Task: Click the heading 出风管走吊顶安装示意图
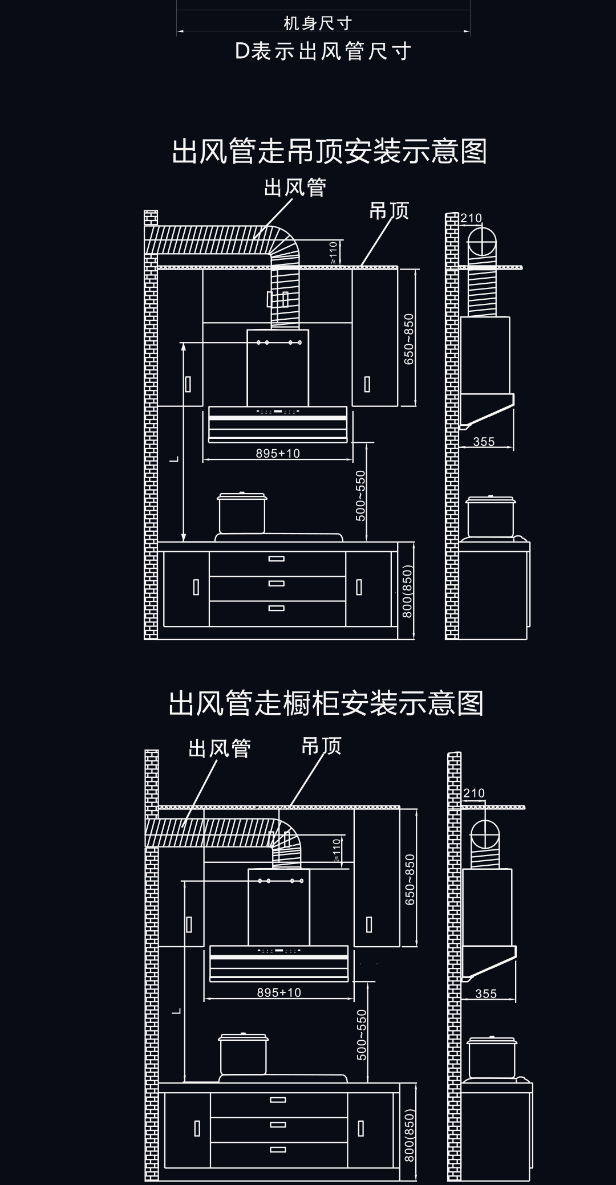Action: click(x=329, y=152)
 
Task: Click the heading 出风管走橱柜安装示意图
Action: click(x=326, y=703)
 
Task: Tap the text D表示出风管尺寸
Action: click(x=323, y=52)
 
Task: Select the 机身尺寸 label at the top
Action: click(x=318, y=23)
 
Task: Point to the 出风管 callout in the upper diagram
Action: click(x=295, y=188)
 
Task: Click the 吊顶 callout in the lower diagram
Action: click(x=321, y=746)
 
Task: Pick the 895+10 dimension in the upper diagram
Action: click(x=278, y=453)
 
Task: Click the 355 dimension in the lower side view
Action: click(x=486, y=993)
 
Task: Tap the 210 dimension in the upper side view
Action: click(x=471, y=218)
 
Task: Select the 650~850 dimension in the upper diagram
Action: click(x=408, y=339)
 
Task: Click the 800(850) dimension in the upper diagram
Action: click(x=407, y=592)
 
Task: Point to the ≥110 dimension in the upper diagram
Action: click(x=334, y=253)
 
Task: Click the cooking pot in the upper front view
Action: click(x=242, y=514)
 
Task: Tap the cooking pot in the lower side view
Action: click(x=492, y=1058)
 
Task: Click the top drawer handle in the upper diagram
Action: click(x=277, y=559)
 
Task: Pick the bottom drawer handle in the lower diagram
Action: click(x=278, y=1149)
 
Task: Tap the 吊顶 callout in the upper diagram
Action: click(x=389, y=211)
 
